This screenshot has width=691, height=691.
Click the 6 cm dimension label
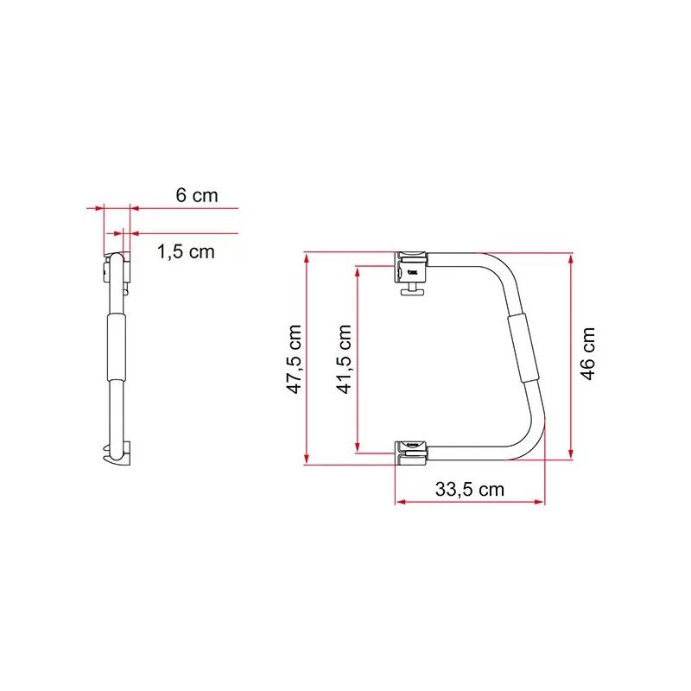pyautogui.click(x=197, y=195)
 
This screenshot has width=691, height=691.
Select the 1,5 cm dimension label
pyautogui.click(x=186, y=251)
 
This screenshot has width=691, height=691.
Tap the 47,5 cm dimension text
pyautogui.click(x=294, y=358)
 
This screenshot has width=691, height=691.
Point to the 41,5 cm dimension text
pyautogui.click(x=344, y=358)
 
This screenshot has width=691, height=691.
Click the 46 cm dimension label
pyautogui.click(x=587, y=353)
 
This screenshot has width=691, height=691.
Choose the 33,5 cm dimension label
pyautogui.click(x=470, y=489)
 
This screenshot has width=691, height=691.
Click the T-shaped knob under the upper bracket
pyautogui.click(x=412, y=289)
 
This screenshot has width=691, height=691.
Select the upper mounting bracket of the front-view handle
pyautogui.click(x=411, y=268)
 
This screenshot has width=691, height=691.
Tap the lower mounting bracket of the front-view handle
pyautogui.click(x=411, y=453)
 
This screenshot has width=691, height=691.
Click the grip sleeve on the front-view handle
pyautogui.click(x=523, y=349)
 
